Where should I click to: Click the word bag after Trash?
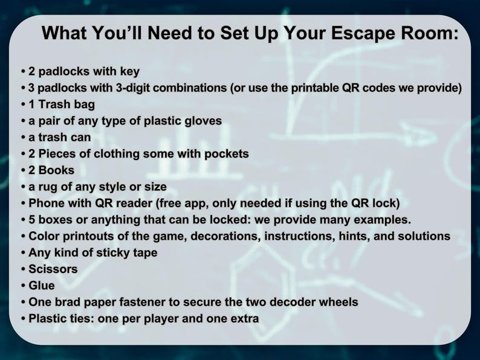coord(83,104)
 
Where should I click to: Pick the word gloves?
coord(202,120)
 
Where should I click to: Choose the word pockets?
coord(224,153)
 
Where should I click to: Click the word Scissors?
coord(53,269)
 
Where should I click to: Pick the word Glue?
coord(42,285)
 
